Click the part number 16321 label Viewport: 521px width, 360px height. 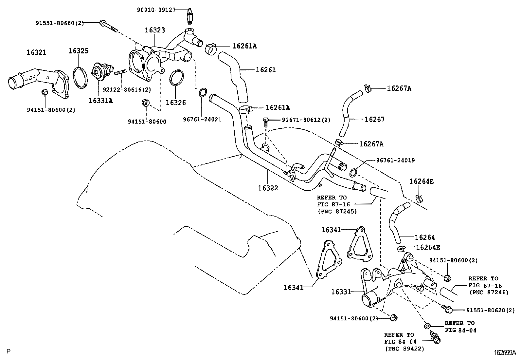36,52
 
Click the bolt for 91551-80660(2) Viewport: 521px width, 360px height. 108,26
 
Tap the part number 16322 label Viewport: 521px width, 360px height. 268,188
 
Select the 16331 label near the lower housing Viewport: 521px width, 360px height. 341,292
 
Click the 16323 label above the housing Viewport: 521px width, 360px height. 155,30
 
